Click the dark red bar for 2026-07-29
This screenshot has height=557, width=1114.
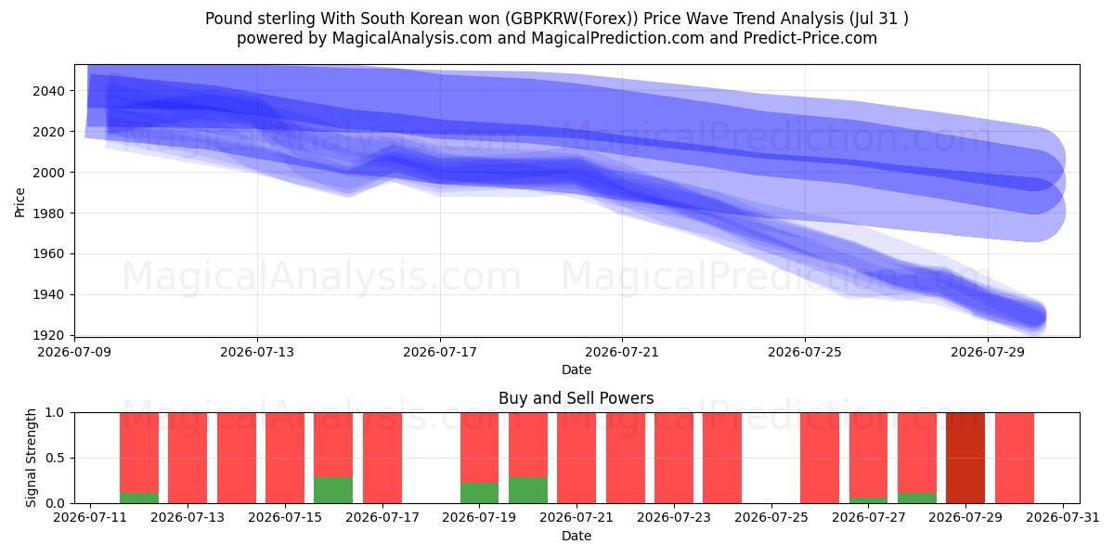tap(965, 458)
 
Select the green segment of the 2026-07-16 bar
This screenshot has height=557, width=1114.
tap(333, 490)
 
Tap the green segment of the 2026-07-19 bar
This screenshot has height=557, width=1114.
tap(479, 493)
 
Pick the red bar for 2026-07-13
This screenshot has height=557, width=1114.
tap(188, 458)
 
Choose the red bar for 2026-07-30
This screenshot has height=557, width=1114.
tap(1015, 458)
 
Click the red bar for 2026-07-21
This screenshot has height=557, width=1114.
tap(576, 458)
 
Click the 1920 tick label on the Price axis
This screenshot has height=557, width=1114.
tap(48, 335)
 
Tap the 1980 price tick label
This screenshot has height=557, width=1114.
tap(48, 214)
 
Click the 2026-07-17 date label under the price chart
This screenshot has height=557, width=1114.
tap(440, 352)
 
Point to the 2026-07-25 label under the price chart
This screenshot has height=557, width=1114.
tap(805, 352)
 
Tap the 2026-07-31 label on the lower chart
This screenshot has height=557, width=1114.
tap(1063, 517)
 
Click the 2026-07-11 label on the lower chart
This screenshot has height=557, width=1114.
tap(90, 517)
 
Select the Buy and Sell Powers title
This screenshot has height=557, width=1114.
tap(576, 398)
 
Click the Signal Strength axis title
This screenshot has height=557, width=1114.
tap(31, 458)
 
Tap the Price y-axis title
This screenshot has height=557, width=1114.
tap(19, 202)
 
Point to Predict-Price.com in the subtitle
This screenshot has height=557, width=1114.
tap(810, 38)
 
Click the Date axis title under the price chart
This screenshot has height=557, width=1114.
tap(576, 369)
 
